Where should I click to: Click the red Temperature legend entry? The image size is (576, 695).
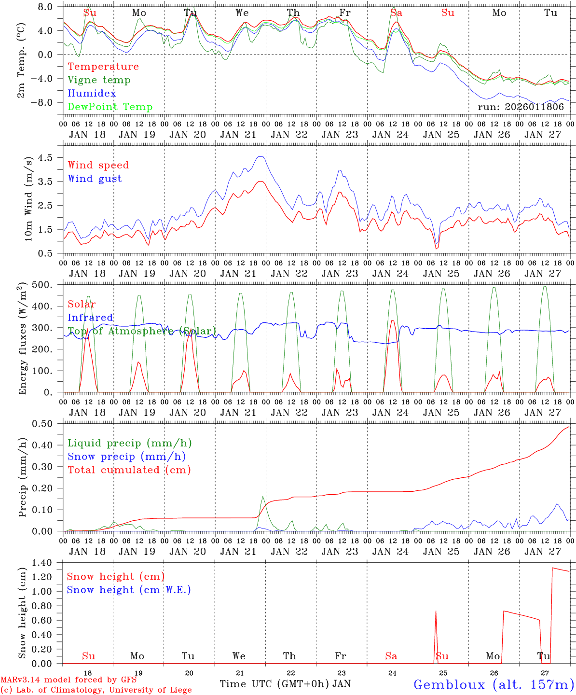[x=103, y=67]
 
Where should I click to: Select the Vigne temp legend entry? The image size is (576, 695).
[x=99, y=80]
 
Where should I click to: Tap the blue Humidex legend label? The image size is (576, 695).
[x=92, y=94]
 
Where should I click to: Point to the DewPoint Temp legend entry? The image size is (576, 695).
[x=110, y=107]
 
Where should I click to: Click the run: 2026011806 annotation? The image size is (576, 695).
[x=521, y=107]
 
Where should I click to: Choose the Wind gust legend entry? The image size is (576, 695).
[x=95, y=179]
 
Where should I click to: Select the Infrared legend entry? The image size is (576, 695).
[x=90, y=318]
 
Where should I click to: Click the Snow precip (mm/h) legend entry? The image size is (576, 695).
[x=126, y=457]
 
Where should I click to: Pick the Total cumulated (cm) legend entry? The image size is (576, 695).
[x=129, y=470]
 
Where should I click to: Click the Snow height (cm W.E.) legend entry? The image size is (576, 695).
[x=129, y=590]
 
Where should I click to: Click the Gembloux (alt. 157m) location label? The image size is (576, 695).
[x=494, y=684]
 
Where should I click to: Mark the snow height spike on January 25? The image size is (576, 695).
[x=436, y=612]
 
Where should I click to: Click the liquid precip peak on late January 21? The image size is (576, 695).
[x=262, y=497]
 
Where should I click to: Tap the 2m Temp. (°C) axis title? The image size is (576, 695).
[x=22, y=58]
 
